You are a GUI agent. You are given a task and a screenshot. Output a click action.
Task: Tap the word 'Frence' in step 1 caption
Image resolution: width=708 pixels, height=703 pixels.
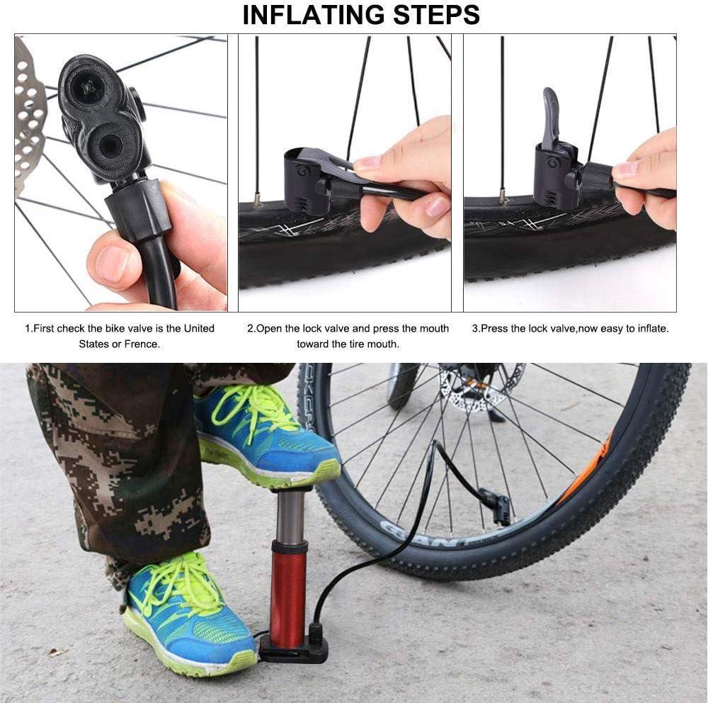coord(142,344)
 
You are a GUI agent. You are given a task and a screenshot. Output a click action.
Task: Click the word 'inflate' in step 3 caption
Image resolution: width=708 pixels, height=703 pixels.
coord(651,328)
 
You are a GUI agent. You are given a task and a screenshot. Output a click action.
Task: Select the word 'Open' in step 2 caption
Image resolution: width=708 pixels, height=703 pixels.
coord(268,328)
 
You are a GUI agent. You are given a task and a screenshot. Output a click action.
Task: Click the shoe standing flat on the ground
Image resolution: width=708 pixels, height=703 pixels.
coord(188,613)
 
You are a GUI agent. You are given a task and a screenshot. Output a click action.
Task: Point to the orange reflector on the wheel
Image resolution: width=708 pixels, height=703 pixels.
coord(586,471)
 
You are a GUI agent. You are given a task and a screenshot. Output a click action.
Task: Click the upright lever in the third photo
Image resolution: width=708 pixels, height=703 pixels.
coord(550,117)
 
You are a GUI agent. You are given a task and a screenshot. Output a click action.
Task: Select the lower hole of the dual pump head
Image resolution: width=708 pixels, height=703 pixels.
coord(111,145)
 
